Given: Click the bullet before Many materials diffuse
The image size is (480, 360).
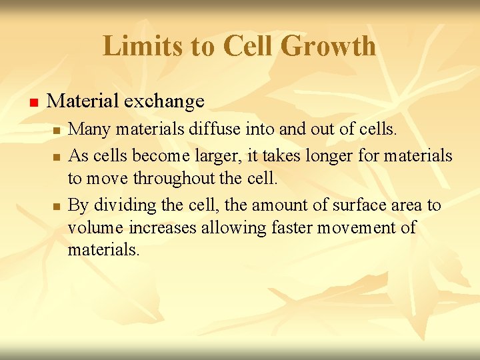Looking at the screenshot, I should click(57, 130).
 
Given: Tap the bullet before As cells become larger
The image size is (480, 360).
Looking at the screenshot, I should click(57, 157).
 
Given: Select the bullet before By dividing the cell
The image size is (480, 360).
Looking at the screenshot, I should click(57, 206).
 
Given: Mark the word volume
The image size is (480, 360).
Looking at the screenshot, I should click(91, 227).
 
